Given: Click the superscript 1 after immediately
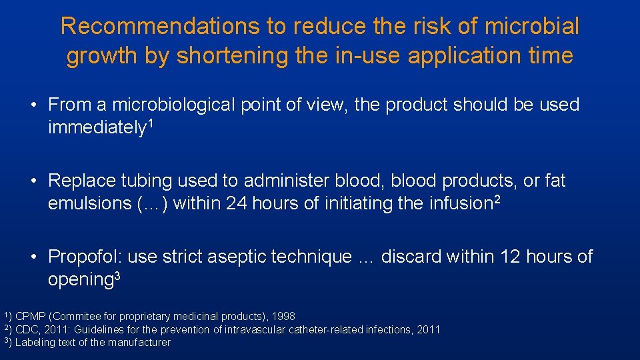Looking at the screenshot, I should coord(151,123).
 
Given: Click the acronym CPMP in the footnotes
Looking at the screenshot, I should coord(28,316).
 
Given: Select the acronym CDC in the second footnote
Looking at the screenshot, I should coord(26,329).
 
